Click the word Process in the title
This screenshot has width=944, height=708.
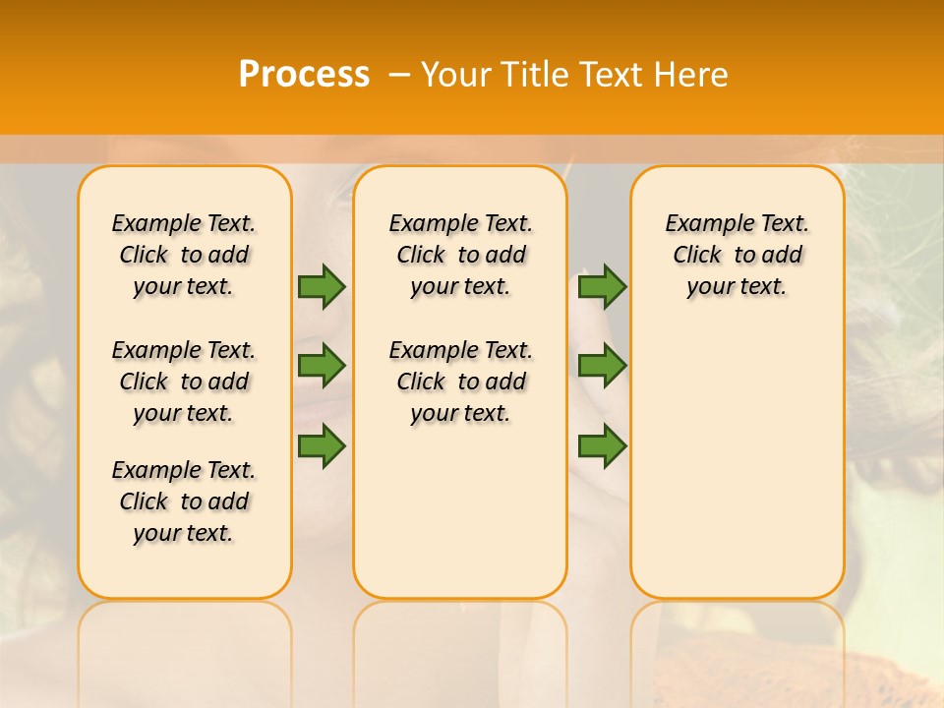click(x=304, y=75)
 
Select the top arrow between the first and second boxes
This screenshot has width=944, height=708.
click(x=322, y=286)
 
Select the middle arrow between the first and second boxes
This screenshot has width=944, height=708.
click(x=322, y=366)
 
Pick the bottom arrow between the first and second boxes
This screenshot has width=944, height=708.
click(x=322, y=446)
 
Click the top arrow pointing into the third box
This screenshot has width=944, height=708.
click(x=602, y=286)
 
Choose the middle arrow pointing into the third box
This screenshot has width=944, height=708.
click(x=602, y=366)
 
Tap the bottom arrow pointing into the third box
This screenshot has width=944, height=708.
click(x=602, y=446)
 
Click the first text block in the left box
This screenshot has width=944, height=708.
click(x=184, y=255)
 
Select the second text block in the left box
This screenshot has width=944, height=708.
click(x=184, y=382)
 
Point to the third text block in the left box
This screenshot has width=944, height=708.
click(x=184, y=501)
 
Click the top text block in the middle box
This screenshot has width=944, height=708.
click(x=460, y=255)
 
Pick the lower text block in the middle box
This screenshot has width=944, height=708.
click(x=460, y=382)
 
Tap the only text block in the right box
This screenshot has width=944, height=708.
click(x=737, y=255)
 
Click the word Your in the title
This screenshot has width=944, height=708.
click(x=456, y=75)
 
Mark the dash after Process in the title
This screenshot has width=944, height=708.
click(x=399, y=75)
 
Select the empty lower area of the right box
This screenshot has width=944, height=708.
click(x=737, y=452)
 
